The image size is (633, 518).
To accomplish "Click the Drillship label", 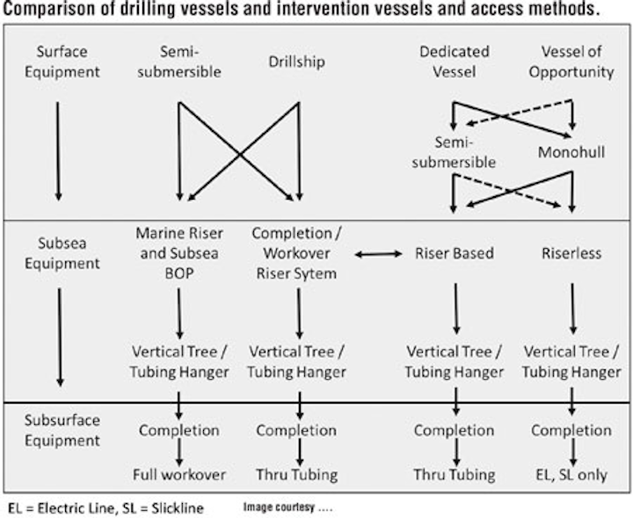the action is [x=297, y=62].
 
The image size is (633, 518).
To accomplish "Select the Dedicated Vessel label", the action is [x=455, y=62].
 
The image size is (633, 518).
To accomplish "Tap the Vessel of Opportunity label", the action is [x=571, y=62].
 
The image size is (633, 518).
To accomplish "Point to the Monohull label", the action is [x=571, y=152].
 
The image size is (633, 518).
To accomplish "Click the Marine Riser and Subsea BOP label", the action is [x=179, y=253].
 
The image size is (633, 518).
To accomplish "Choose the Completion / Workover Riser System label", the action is [x=297, y=253].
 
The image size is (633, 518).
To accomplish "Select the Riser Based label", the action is [x=455, y=253].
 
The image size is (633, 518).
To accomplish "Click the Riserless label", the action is [x=571, y=253].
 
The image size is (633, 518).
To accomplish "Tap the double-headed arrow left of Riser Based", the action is [x=378, y=254].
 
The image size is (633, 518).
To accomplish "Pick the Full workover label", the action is [x=179, y=474].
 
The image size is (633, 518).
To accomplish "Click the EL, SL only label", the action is [x=571, y=475].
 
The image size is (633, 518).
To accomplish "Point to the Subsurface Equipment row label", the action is [x=62, y=430].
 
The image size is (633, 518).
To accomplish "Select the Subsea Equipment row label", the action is [x=62, y=253].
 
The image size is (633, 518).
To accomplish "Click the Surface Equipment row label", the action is [x=62, y=62].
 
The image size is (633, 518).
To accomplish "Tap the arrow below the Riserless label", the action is [x=572, y=309].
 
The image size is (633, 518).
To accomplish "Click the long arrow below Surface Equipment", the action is [x=58, y=151].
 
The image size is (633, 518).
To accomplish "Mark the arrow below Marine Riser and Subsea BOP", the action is [x=179, y=314].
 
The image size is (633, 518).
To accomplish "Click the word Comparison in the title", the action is [x=48, y=10].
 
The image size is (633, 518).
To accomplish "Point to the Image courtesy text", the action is [x=287, y=507].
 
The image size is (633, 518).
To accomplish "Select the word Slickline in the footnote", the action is [x=178, y=508].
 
